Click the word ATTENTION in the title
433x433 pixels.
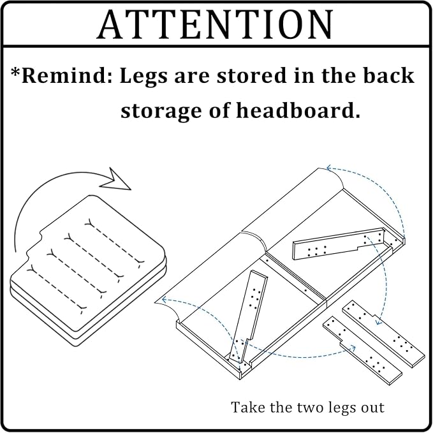216,24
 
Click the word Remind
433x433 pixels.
67,76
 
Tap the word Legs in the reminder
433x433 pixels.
143,77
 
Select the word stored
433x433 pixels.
251,76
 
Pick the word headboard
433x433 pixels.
298,110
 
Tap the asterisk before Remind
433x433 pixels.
15,72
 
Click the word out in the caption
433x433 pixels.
373,408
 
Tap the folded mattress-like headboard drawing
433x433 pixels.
88,270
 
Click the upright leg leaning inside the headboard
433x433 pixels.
247,317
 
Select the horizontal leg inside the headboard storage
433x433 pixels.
339,244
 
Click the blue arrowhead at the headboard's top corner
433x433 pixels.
328,168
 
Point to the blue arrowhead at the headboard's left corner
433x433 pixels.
164,299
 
